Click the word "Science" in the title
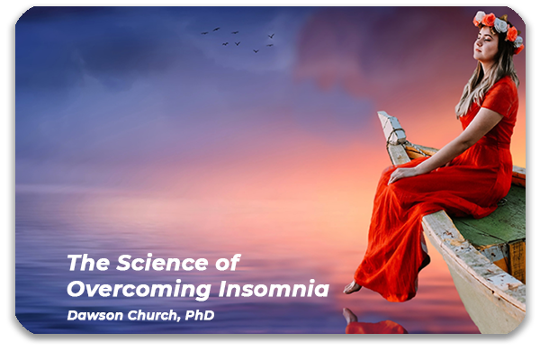[x=162, y=263]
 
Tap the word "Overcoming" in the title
[x=139, y=289]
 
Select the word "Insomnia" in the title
[x=274, y=289]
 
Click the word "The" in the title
[x=88, y=263]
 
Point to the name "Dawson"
[x=94, y=315]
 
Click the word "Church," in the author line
[x=154, y=316]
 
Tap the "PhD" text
[x=200, y=315]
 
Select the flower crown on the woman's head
[x=499, y=28]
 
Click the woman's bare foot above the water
[x=352, y=287]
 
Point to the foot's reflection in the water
[x=350, y=316]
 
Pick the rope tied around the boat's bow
[x=396, y=136]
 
